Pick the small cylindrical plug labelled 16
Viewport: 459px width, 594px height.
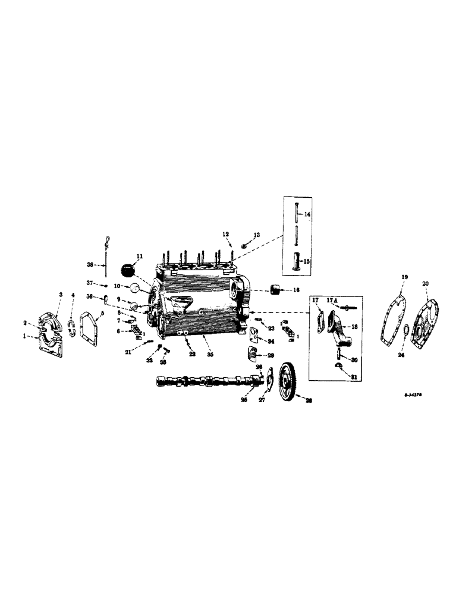[x=275, y=290]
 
